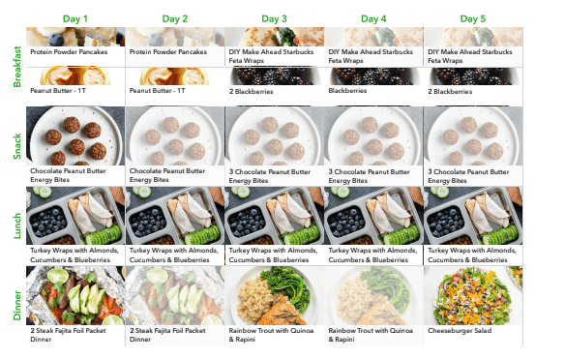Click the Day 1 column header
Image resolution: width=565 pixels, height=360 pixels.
click(75, 18)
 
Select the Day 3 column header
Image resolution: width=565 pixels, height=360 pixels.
click(274, 18)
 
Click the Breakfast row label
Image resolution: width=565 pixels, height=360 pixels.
click(16, 66)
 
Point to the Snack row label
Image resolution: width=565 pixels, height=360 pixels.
click(16, 145)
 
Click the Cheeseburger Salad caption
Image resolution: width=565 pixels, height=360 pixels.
click(462, 330)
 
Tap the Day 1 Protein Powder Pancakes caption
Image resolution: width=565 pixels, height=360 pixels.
click(75, 52)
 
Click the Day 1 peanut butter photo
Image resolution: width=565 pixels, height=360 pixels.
click(75, 75)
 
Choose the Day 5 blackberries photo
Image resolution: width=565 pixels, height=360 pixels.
click(472, 75)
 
